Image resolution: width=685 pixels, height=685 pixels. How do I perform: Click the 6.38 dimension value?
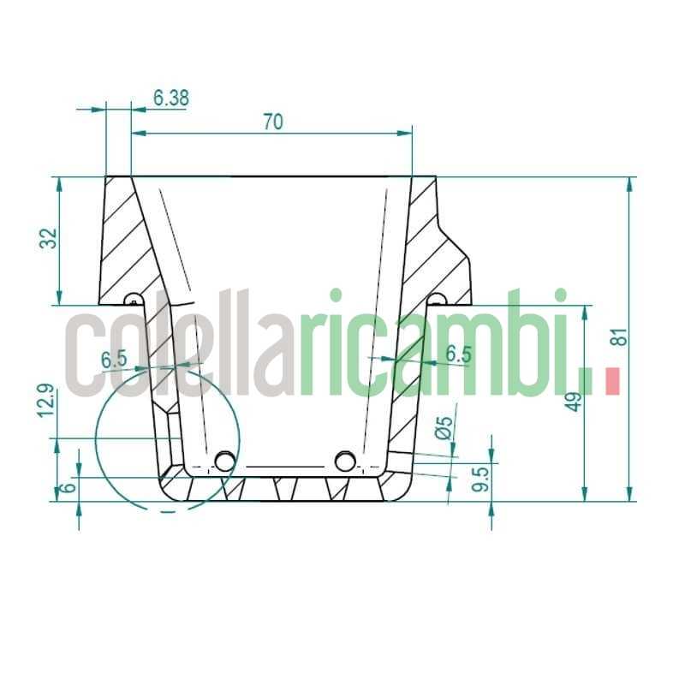[171, 98]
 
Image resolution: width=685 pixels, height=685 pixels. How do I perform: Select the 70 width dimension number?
[272, 122]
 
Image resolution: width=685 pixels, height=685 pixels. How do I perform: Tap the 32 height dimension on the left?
[49, 239]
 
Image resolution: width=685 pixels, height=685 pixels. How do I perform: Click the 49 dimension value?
[575, 400]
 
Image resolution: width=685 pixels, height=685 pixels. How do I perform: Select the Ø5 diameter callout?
[443, 428]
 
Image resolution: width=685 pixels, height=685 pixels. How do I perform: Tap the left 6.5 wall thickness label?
[114, 360]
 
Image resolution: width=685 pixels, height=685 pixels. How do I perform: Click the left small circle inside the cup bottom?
[225, 462]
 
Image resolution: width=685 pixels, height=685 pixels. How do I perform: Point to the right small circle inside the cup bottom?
[345, 462]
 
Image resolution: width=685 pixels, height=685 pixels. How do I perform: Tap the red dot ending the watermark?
[611, 381]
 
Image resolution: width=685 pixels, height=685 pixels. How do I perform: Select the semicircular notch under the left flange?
[133, 300]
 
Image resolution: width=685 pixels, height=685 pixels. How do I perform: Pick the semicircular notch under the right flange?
[436, 299]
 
